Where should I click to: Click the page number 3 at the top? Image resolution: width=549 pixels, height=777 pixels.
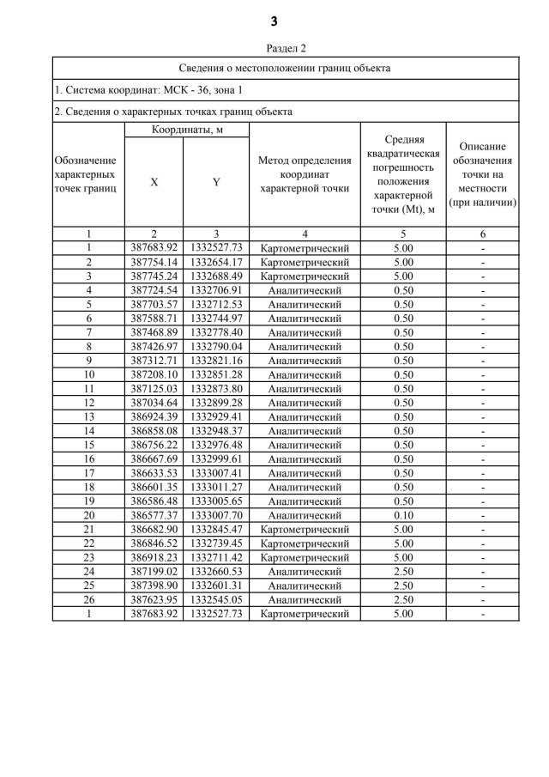tap(274, 21)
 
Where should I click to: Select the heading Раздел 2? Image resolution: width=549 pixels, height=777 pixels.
tap(274, 49)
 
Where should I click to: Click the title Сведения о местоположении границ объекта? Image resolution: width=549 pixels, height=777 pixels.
tap(285, 68)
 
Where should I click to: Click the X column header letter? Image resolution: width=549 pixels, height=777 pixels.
tap(154, 182)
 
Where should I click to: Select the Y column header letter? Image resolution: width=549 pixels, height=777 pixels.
tap(216, 182)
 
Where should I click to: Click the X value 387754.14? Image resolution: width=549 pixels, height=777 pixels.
tap(154, 262)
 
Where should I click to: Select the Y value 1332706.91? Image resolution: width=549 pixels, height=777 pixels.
tap(216, 290)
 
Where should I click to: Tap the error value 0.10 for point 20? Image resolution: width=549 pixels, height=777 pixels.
tap(403, 515)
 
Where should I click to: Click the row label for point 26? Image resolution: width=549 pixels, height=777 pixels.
tap(88, 599)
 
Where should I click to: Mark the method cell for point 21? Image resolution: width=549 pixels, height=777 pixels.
tap(305, 529)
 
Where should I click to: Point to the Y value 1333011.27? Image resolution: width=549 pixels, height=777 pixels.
tap(216, 487)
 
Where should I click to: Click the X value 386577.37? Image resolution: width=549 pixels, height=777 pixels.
tap(154, 515)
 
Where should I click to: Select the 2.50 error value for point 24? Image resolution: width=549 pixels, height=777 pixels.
tap(403, 571)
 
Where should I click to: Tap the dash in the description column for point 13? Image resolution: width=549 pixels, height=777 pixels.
tap(483, 416)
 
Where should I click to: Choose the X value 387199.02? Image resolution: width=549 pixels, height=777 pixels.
tap(154, 571)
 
